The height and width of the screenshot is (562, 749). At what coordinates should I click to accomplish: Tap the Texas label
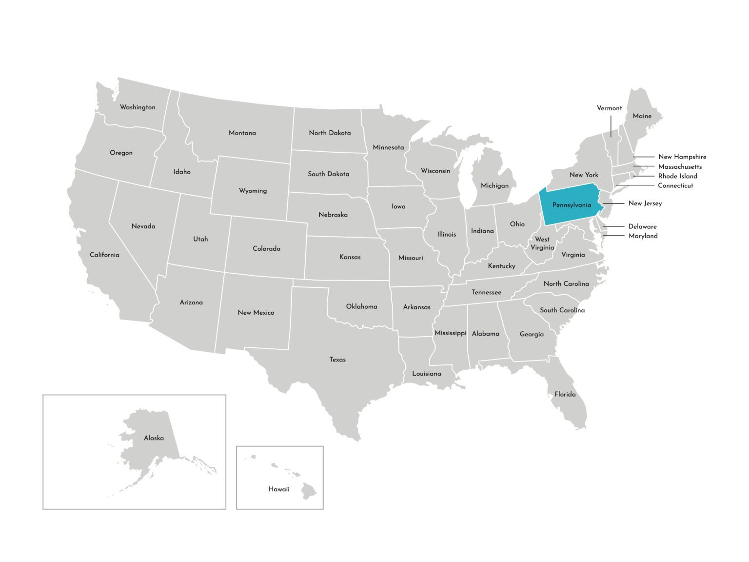point(337,360)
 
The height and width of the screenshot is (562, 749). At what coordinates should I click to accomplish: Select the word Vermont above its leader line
point(609,108)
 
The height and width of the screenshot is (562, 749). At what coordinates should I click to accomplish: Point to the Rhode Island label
point(677,176)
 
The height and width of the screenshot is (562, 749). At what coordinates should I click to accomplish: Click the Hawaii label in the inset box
point(279,489)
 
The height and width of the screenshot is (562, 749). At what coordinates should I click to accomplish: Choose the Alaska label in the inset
point(154,438)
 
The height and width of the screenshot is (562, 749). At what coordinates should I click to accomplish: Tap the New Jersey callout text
point(645,203)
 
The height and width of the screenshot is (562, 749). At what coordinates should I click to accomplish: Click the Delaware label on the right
point(642,226)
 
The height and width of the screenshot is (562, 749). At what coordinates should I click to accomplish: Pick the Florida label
point(565,394)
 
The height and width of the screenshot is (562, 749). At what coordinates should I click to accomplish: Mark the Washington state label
point(138,107)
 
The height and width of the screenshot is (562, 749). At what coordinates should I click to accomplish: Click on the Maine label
point(642,116)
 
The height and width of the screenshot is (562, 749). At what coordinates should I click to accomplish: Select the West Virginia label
point(542,243)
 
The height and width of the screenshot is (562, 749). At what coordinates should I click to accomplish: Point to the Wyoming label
point(253,191)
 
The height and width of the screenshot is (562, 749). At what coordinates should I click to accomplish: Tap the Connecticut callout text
point(675,185)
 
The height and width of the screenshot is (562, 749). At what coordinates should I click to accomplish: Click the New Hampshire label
point(682,157)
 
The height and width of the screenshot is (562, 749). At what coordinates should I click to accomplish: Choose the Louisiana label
point(426,374)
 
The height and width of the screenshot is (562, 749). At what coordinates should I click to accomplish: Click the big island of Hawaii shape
point(309,491)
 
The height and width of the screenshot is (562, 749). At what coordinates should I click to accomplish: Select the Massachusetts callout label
point(680,167)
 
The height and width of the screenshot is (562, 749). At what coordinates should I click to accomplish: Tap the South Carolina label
point(562,310)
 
